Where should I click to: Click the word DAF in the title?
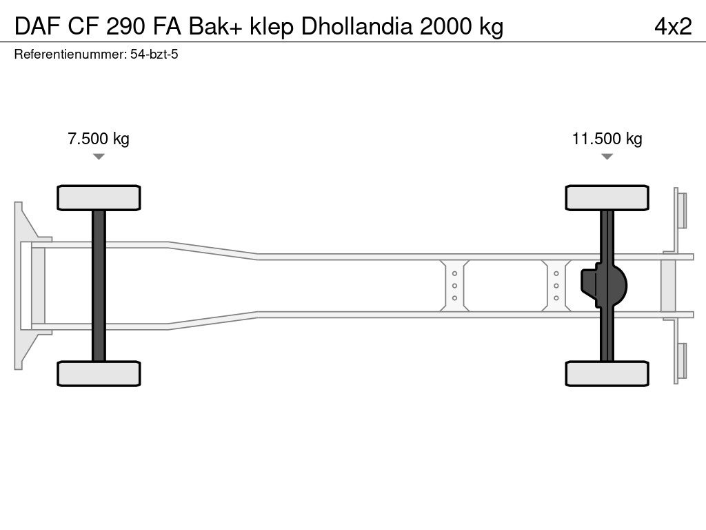(37, 26)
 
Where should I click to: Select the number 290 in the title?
(125, 26)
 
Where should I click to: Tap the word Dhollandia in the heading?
(356, 26)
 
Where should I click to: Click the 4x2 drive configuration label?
(673, 26)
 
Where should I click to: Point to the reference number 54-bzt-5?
(154, 55)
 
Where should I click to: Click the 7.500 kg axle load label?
(98, 139)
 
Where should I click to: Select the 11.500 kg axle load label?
(607, 139)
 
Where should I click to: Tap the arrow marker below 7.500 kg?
(99, 157)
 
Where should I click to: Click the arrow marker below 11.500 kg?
(607, 157)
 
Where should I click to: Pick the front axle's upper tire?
(99, 198)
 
